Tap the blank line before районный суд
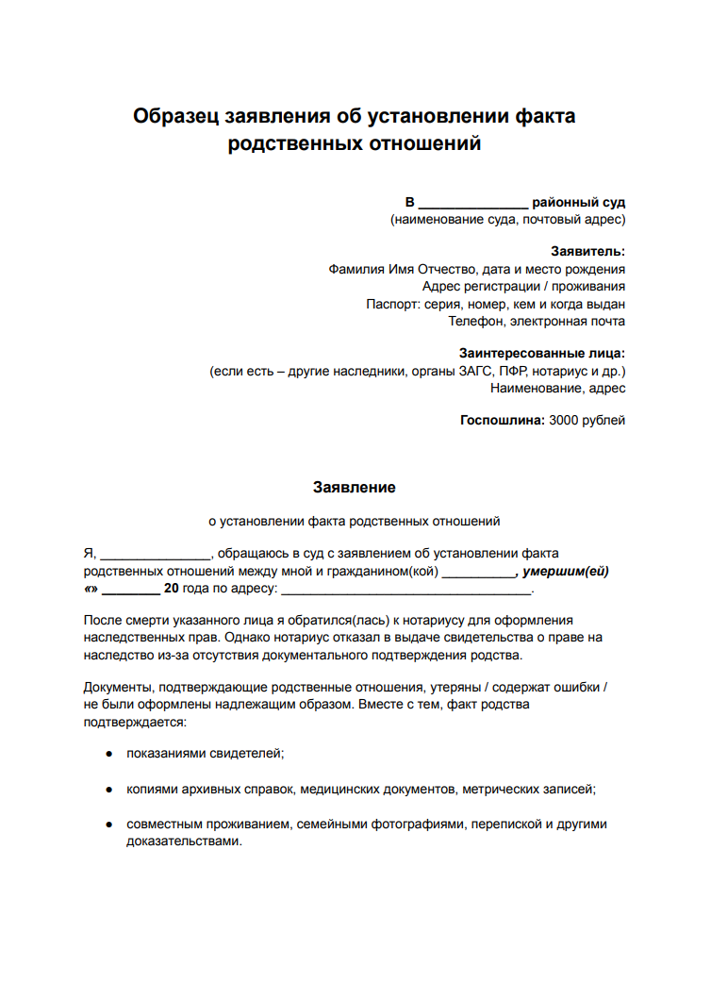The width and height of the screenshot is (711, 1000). click(x=472, y=203)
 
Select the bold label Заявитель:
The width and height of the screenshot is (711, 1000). click(x=587, y=251)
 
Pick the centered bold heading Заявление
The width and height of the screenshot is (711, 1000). click(x=355, y=488)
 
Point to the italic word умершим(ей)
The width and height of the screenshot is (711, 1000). click(x=567, y=572)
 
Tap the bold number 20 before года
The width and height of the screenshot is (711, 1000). click(x=172, y=589)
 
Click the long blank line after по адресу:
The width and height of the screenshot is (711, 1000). click(x=406, y=591)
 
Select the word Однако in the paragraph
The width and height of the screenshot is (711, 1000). click(x=248, y=637)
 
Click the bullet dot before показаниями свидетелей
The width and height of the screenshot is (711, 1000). click(x=109, y=754)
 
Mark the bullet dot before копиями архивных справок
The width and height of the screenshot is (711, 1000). click(x=109, y=789)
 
